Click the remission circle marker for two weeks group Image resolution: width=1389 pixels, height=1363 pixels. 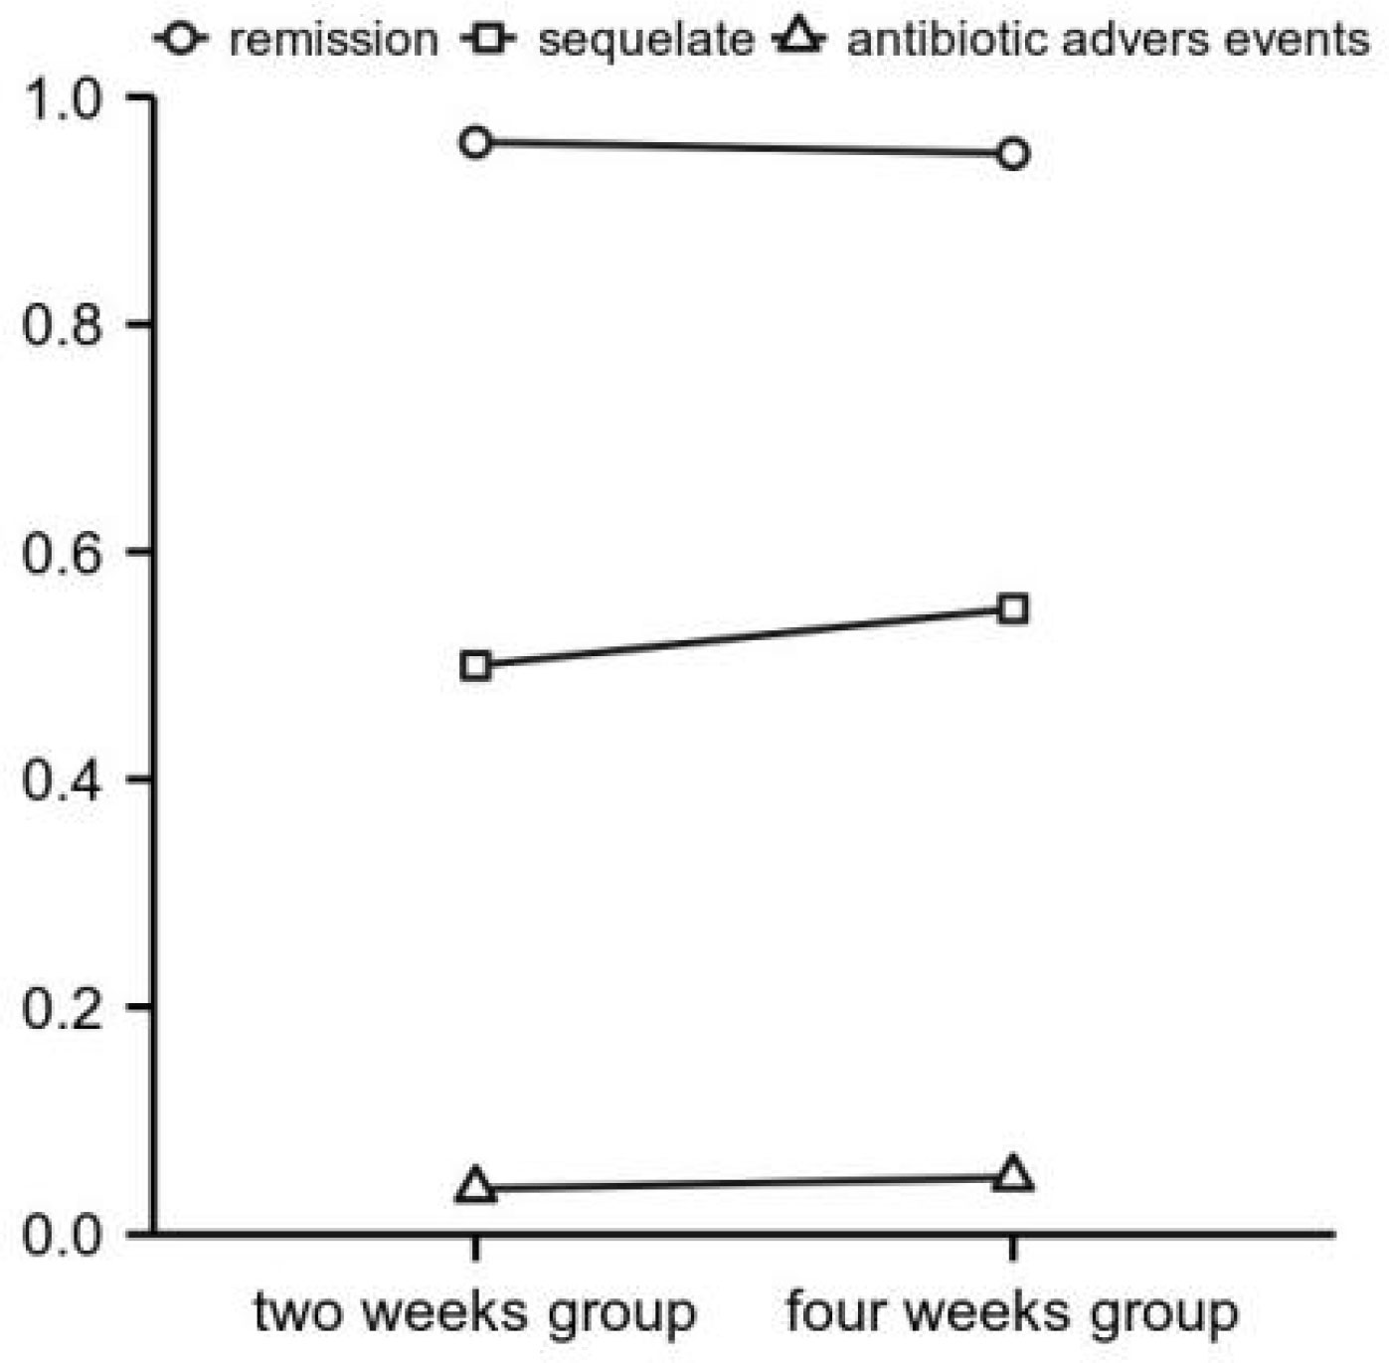pyautogui.click(x=476, y=142)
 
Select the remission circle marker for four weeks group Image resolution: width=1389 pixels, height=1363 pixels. pyautogui.click(x=1012, y=154)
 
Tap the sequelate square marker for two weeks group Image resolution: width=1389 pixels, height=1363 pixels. pyautogui.click(x=476, y=665)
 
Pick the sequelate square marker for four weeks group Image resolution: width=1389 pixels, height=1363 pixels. pyautogui.click(x=1012, y=608)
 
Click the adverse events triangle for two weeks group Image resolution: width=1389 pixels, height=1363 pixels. pyautogui.click(x=476, y=1186)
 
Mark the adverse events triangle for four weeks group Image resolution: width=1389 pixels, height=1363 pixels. pyautogui.click(x=1012, y=1175)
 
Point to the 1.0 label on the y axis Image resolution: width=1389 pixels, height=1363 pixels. pyautogui.click(x=62, y=99)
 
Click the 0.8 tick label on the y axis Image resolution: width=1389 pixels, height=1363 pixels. pyautogui.click(x=62, y=326)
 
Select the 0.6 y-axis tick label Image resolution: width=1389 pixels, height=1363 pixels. pyautogui.click(x=62, y=553)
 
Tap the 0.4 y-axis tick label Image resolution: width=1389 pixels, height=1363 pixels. pyautogui.click(x=62, y=780)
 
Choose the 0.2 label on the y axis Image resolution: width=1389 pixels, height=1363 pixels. pyautogui.click(x=62, y=1008)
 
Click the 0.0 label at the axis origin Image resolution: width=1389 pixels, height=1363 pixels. pyautogui.click(x=62, y=1236)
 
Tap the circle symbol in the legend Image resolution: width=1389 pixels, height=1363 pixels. pyautogui.click(x=182, y=40)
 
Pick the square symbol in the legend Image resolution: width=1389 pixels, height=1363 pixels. pyautogui.click(x=488, y=40)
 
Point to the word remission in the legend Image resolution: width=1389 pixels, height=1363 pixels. pyautogui.click(x=333, y=41)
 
